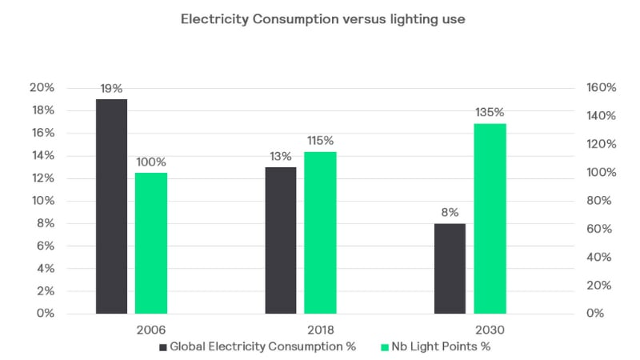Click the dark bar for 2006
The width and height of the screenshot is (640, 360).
click(111, 206)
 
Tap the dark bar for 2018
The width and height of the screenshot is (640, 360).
click(280, 240)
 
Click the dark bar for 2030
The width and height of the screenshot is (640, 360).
click(450, 268)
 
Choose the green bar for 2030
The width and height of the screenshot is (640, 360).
click(490, 218)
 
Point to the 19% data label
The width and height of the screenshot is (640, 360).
click(111, 88)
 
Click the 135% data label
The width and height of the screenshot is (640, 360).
click(490, 113)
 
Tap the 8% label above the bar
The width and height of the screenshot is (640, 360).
click(450, 213)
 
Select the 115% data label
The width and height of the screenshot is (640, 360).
click(320, 141)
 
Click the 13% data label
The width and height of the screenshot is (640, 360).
click(280, 156)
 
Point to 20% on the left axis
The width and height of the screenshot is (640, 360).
click(42, 87)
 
